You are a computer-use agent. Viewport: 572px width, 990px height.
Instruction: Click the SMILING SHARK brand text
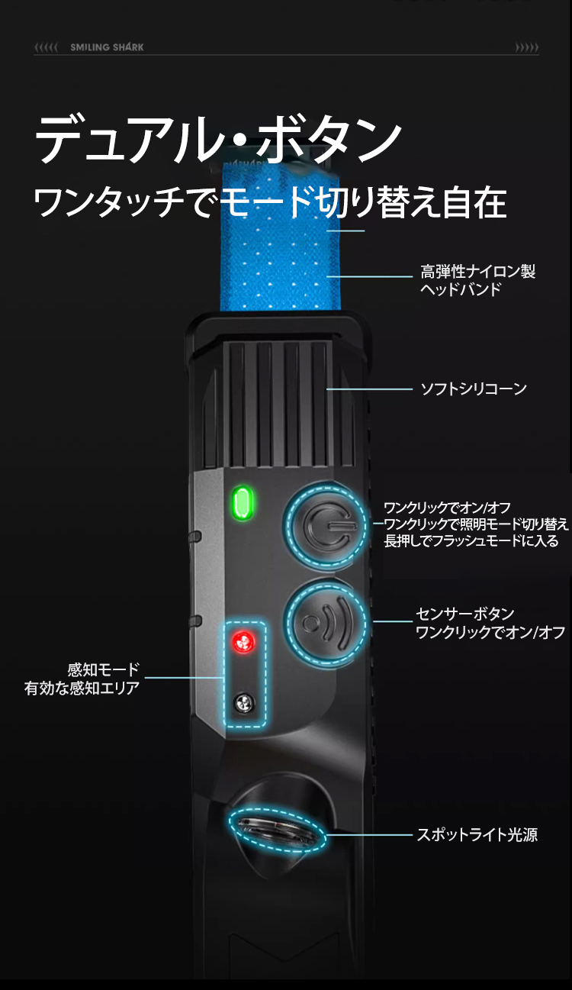tap(107, 47)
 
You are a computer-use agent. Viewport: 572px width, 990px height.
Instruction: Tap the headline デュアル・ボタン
tap(218, 139)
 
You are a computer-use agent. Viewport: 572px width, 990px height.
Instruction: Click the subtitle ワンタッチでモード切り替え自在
tap(270, 202)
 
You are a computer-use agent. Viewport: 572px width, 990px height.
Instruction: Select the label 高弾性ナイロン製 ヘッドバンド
tap(477, 280)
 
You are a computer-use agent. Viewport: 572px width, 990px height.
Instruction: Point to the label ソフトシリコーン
tap(474, 389)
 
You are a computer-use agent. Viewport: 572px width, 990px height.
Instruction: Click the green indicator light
tap(243, 503)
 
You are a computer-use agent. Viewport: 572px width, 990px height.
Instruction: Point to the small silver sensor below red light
tap(244, 703)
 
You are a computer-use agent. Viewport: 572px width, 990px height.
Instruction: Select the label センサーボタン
tap(465, 614)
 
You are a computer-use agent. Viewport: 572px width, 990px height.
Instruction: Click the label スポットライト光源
tap(477, 835)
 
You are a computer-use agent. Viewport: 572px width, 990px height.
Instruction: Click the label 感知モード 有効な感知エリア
tap(82, 679)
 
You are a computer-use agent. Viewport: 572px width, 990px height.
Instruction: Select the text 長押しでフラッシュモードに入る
tap(471, 541)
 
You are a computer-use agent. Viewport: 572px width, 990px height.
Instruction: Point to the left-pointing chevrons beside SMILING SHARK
tap(46, 47)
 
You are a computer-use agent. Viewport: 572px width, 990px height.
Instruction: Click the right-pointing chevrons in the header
tap(527, 47)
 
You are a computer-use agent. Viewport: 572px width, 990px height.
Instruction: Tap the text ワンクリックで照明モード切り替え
tap(476, 524)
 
